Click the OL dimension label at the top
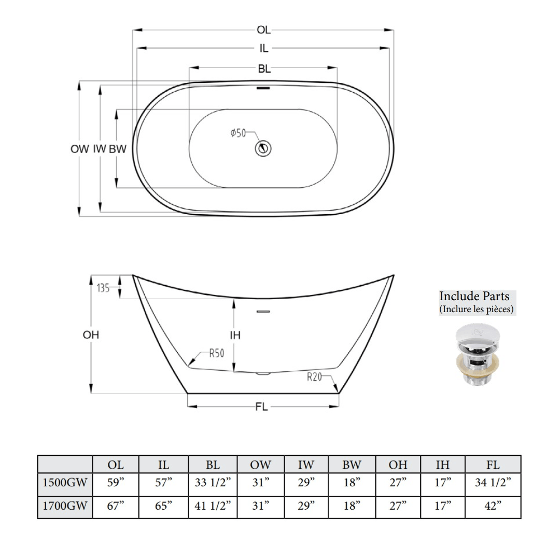coord(263,31)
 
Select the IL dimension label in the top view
coord(264,49)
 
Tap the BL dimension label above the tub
coord(264,68)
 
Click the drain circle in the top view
coord(263,148)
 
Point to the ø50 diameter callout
coord(238,133)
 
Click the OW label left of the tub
coord(80,149)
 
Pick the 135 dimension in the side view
coord(103,288)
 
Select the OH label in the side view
coord(91,335)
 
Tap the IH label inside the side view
coord(235,335)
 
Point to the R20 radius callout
coord(314,377)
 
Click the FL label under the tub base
coord(261,408)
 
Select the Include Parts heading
coord(474,297)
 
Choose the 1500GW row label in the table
coord(65,483)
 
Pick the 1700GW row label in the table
coord(65,507)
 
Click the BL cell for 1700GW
coord(213,507)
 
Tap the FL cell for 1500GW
coord(493,483)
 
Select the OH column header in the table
coord(398,465)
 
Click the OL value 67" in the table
coord(115,507)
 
